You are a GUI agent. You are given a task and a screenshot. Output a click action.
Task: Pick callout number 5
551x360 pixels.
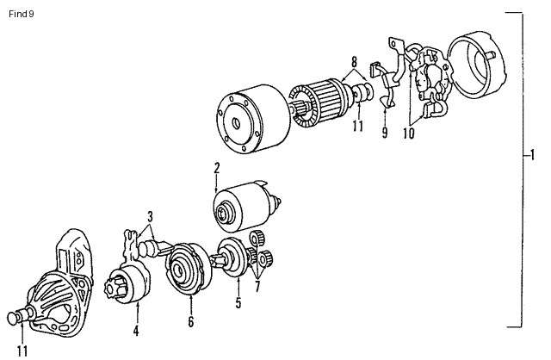pos(238,302)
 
